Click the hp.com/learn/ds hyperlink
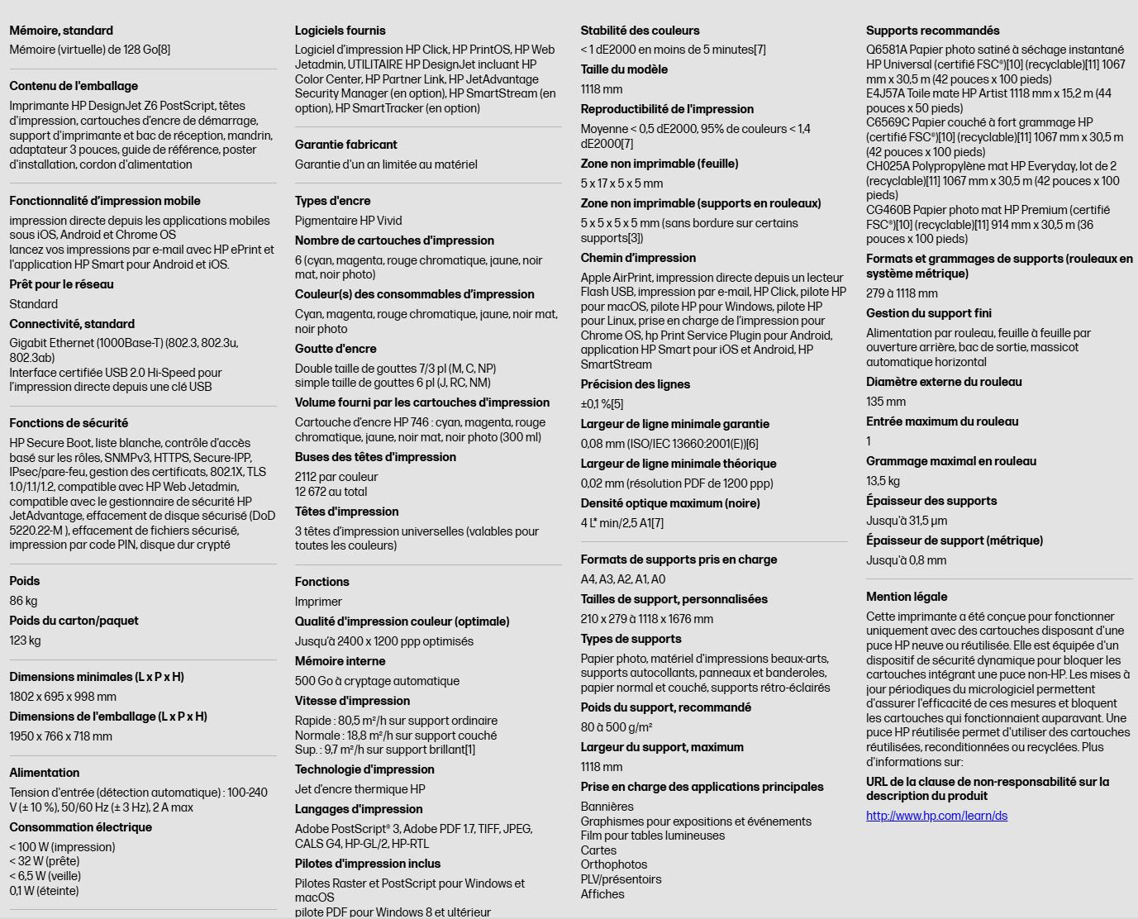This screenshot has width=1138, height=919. [x=936, y=816]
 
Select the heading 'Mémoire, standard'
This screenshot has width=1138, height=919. [x=61, y=31]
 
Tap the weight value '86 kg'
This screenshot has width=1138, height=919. [x=23, y=601]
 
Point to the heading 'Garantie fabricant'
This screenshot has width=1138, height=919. [x=345, y=145]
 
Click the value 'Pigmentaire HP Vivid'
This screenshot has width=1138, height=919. [x=348, y=221]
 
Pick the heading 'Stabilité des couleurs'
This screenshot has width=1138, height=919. [x=640, y=31]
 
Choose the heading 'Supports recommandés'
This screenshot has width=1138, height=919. [x=932, y=31]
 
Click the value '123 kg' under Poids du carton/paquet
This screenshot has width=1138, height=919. [x=25, y=640]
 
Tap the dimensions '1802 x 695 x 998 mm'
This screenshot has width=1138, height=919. [x=63, y=697]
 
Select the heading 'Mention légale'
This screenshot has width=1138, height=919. [x=907, y=597]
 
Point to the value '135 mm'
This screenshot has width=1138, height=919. [x=885, y=402]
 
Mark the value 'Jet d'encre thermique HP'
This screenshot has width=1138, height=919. [x=359, y=789]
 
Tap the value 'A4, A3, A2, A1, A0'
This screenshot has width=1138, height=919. [x=622, y=579]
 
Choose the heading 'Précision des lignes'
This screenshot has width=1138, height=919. [x=635, y=384]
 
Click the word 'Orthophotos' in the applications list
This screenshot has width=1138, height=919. [x=613, y=864]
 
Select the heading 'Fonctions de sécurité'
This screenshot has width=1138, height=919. [x=69, y=423]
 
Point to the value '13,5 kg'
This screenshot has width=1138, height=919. [x=883, y=481]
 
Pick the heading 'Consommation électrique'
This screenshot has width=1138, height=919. [x=80, y=827]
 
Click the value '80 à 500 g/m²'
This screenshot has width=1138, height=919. [x=616, y=727]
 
